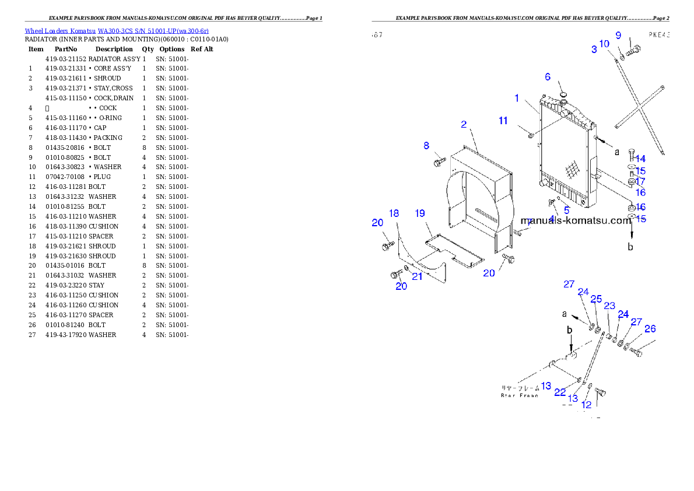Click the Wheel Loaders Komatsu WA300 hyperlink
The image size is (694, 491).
point(117,31)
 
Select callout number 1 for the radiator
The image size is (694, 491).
point(517,99)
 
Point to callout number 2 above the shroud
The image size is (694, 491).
point(464,124)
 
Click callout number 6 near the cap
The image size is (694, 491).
point(548,77)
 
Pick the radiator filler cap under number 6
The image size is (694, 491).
point(563,94)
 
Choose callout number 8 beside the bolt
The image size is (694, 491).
point(426,146)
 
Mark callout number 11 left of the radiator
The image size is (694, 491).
point(503,121)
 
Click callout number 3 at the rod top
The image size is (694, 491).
point(594,50)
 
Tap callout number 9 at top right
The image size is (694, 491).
point(619,36)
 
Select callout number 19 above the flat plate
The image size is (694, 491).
point(420,213)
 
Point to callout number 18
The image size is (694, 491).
point(394,213)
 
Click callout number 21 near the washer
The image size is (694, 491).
point(417,276)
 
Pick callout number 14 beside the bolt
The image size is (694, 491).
point(640,159)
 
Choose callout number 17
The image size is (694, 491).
point(640,181)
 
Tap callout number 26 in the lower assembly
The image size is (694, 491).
point(650,329)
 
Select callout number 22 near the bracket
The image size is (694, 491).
point(560,392)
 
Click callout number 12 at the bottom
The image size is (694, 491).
point(586,404)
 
